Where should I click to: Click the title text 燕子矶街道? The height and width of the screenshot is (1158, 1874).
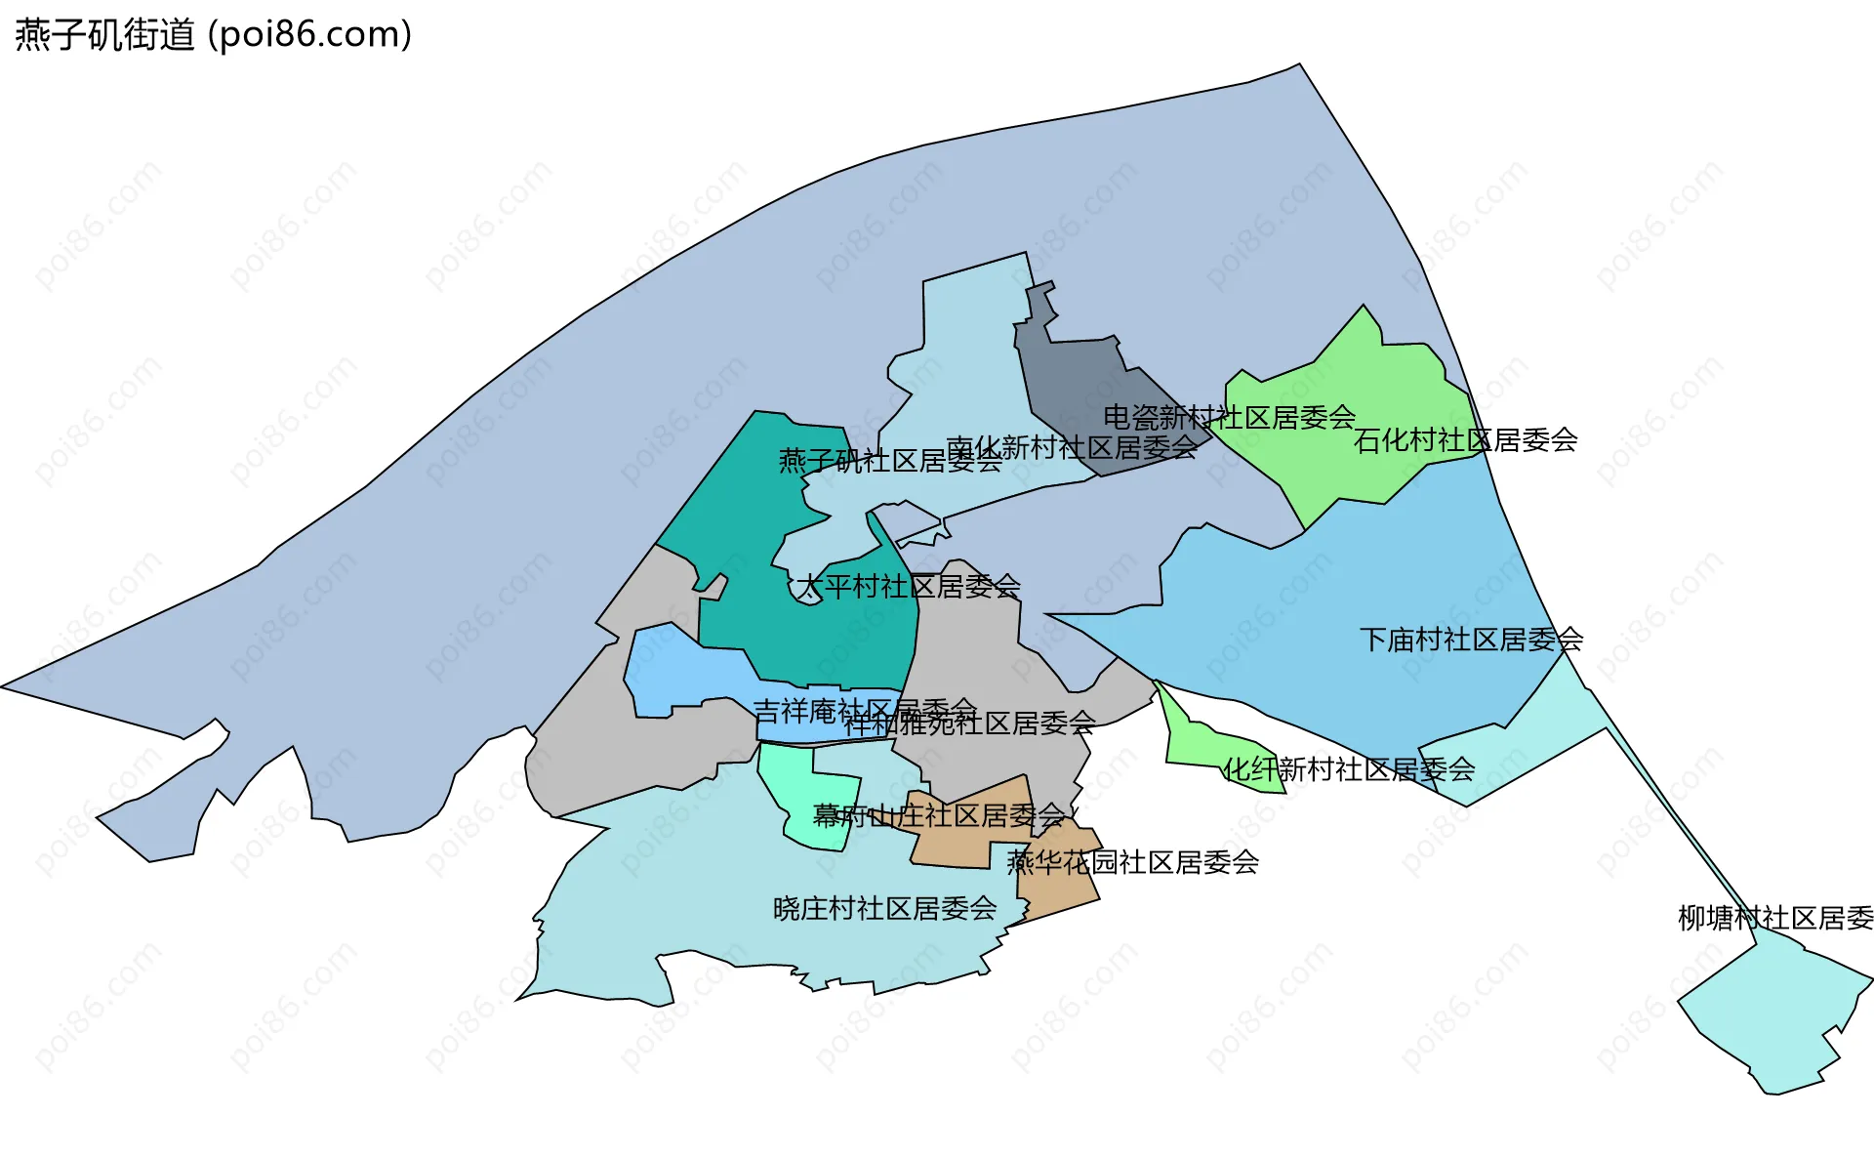pyautogui.click(x=104, y=35)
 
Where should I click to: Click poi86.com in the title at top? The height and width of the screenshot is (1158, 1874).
pyautogui.click(x=309, y=35)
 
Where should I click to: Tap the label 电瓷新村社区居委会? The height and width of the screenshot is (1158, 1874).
pyautogui.click(x=1229, y=418)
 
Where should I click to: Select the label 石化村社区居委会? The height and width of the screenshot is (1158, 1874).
pyautogui.click(x=1465, y=440)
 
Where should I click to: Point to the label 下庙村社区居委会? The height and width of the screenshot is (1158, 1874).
pyautogui.click(x=1471, y=640)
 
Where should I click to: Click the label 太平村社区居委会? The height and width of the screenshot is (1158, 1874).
pyautogui.click(x=908, y=586)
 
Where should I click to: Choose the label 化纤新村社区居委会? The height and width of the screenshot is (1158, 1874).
pyautogui.click(x=1348, y=769)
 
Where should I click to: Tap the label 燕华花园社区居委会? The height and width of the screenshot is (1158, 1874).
pyautogui.click(x=1132, y=862)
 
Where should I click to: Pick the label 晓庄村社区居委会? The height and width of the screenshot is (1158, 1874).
pyautogui.click(x=884, y=908)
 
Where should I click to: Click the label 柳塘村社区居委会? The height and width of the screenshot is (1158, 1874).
pyautogui.click(x=1774, y=918)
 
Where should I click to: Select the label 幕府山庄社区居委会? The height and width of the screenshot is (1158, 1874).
pyautogui.click(x=938, y=815)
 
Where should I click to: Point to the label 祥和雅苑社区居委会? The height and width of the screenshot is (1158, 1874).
pyautogui.click(x=969, y=724)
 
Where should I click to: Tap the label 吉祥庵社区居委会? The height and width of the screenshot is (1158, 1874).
pyautogui.click(x=865, y=709)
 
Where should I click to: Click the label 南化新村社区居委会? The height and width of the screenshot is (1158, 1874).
pyautogui.click(x=1072, y=447)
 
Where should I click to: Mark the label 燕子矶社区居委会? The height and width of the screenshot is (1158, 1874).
pyautogui.click(x=889, y=461)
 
